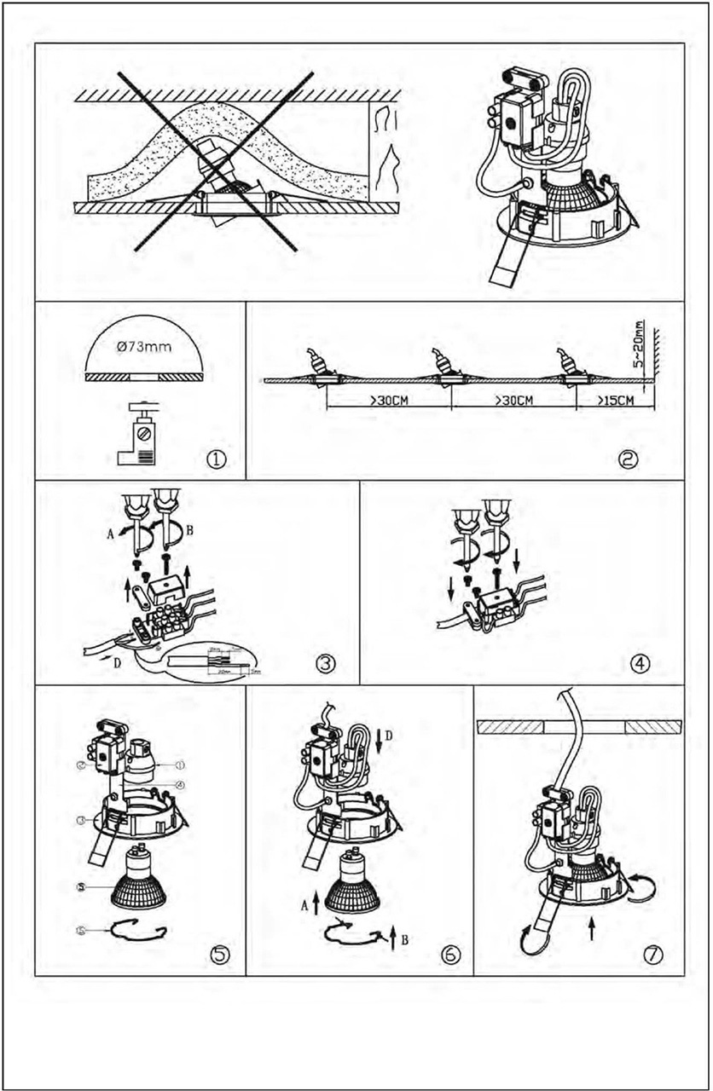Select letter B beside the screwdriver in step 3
point(189,529)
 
